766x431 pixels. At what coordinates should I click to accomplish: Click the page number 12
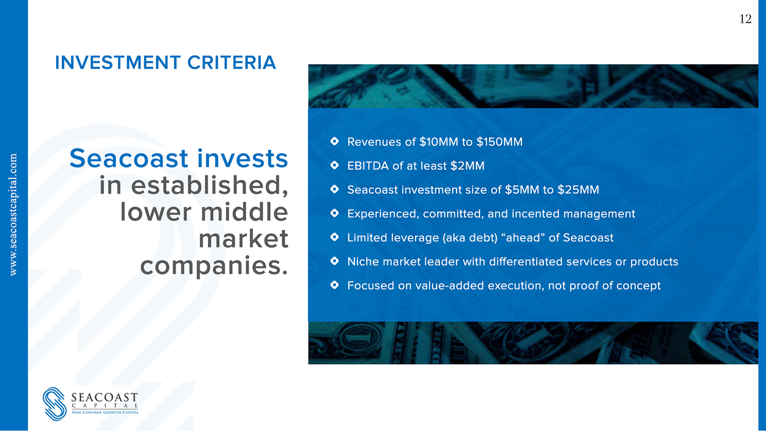pos(745,19)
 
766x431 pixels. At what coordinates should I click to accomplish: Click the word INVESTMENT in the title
pos(117,63)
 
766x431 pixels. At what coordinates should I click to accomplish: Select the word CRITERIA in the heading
pos(231,63)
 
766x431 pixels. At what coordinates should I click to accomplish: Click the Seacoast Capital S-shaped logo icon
pos(55,403)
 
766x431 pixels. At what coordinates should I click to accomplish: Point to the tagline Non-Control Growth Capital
pos(105,412)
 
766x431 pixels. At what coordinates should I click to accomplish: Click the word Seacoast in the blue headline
pos(129,158)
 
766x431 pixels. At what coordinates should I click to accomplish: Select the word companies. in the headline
pos(214,266)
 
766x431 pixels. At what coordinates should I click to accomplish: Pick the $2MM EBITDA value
pos(467,166)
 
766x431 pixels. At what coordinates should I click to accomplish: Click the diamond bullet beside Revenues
pos(334,141)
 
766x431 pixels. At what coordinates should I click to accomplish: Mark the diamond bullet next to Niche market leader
pos(334,261)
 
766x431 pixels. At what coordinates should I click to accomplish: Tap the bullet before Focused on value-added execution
pos(334,285)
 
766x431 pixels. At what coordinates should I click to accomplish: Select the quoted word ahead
pos(523,237)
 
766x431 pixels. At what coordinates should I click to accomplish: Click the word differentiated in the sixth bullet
pos(525,262)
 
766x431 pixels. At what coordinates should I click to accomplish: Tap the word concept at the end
pos(638,286)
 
